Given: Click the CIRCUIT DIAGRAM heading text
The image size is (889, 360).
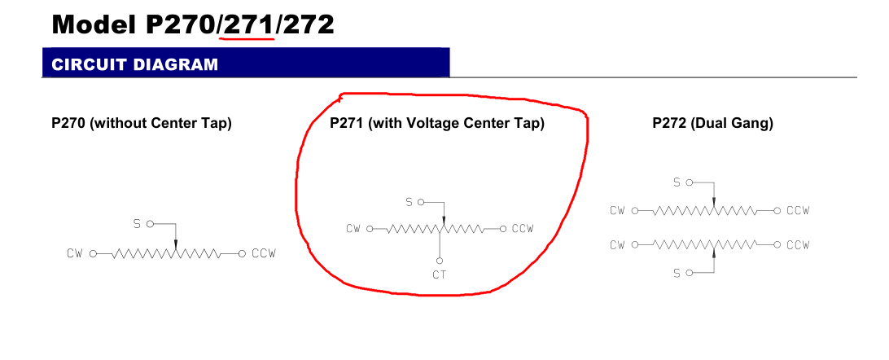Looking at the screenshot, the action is click(135, 64).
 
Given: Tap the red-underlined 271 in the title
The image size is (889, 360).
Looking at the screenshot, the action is click(249, 24).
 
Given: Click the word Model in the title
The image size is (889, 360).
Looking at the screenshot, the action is click(94, 24).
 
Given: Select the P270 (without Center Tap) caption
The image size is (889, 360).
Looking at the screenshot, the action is click(142, 124).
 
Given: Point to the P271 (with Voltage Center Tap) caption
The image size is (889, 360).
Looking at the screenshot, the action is click(437, 124).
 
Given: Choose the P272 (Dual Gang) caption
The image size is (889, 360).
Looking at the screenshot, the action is click(712, 124).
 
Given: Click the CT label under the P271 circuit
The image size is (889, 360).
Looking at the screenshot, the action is click(440, 275).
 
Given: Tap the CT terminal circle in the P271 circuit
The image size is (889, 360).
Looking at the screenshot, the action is click(440, 261).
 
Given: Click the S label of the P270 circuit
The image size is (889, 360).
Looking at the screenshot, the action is click(137, 224).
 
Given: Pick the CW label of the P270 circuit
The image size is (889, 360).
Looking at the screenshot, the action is click(75, 253).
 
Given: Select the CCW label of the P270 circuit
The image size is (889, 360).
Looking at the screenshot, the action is click(264, 253).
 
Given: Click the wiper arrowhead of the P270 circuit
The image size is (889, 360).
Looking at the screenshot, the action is click(176, 244).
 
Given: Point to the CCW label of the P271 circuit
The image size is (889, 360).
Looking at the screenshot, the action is click(523, 229).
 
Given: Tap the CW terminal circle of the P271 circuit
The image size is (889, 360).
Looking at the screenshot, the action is click(370, 229).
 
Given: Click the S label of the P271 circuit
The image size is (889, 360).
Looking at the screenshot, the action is click(409, 202).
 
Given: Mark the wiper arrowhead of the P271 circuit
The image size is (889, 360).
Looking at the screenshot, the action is click(444, 220).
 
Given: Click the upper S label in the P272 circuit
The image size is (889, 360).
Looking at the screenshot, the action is click(677, 182).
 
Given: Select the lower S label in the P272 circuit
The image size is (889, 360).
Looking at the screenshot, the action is click(677, 274).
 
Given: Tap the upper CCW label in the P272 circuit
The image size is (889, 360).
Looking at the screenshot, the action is click(798, 210).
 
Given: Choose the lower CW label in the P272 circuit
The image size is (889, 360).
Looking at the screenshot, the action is click(617, 245).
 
